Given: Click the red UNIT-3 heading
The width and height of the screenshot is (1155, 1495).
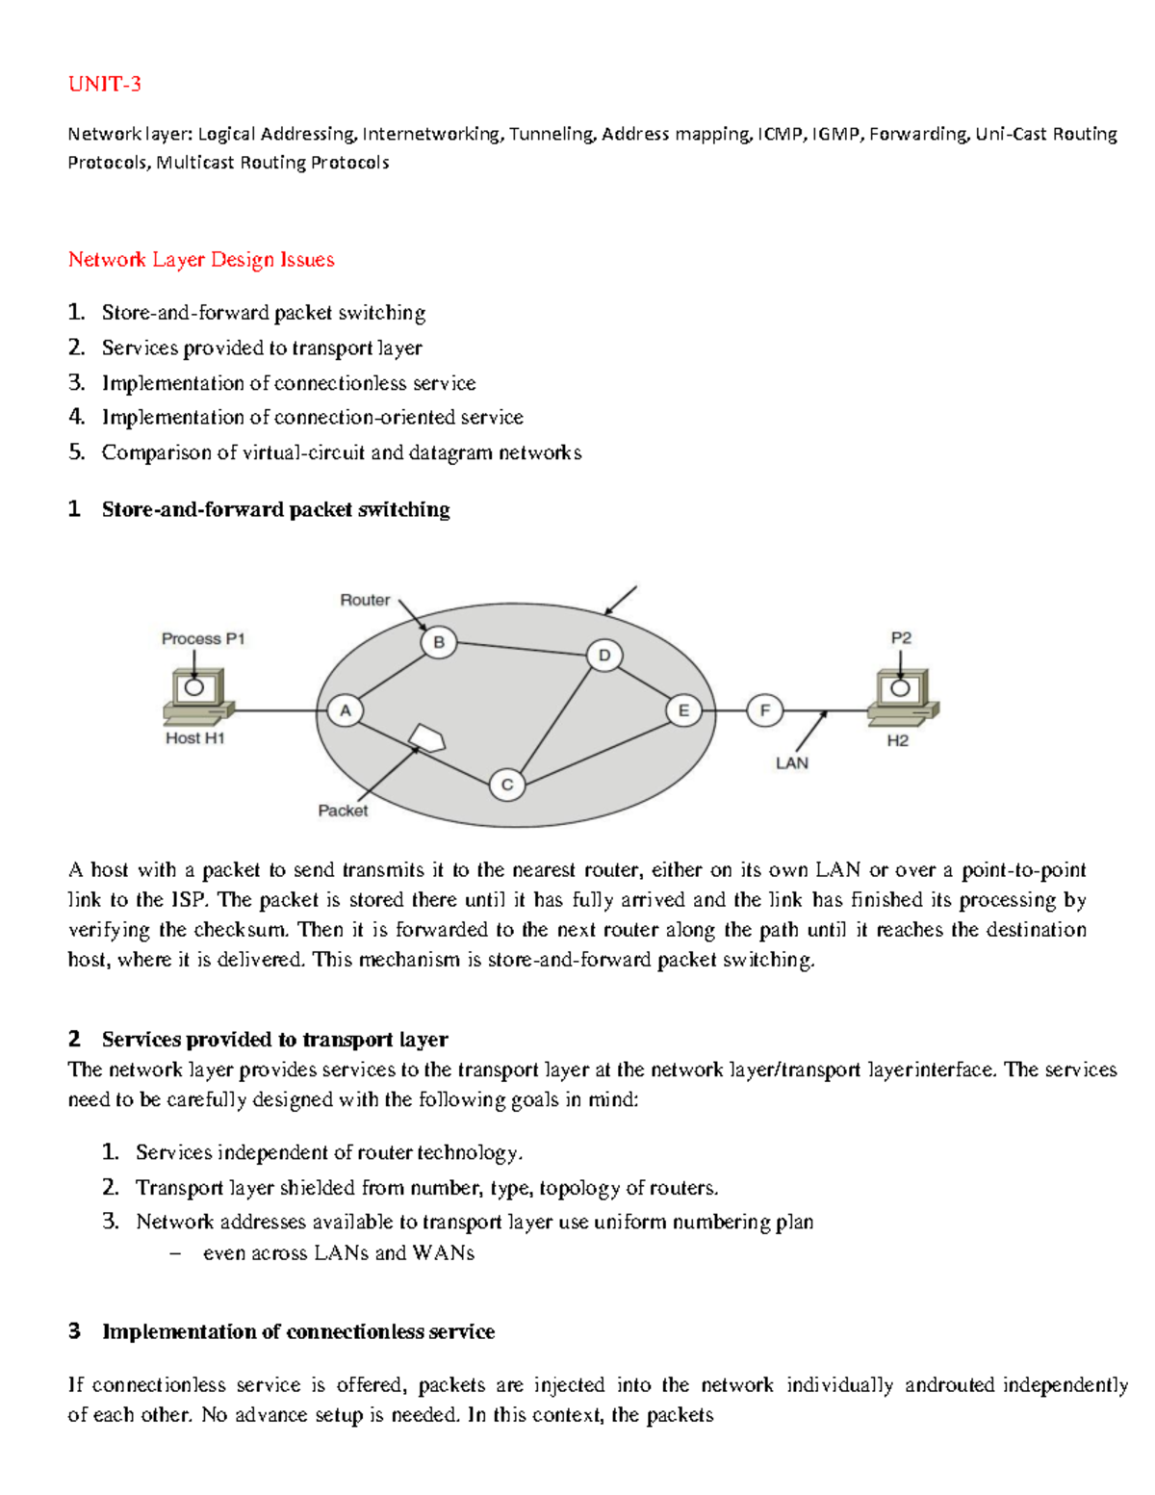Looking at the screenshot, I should point(104,85).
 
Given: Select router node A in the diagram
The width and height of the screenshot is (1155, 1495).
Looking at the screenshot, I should point(345,711).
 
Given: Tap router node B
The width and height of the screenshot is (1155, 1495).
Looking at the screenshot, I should point(439,642).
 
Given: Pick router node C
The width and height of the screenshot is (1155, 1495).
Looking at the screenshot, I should point(506,785).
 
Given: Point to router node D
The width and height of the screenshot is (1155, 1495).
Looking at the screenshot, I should point(604,656).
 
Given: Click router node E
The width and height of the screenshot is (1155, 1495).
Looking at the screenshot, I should point(683,711).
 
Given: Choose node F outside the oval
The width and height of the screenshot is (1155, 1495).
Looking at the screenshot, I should point(765,711).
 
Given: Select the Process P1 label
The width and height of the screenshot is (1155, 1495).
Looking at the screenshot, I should point(203,638).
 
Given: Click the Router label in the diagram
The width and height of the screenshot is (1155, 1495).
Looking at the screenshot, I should point(365,600).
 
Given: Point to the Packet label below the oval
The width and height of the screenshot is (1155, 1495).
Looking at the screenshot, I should point(343,811).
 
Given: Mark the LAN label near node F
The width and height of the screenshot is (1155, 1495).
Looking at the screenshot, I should point(792,762).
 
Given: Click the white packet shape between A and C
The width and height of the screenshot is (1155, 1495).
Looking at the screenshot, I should point(426,738).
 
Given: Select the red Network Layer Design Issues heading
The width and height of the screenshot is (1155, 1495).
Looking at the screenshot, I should point(201,260).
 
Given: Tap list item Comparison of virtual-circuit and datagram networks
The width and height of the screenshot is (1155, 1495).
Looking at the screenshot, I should point(341,452).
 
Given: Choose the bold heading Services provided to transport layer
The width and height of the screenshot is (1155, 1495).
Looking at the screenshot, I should point(274,1040).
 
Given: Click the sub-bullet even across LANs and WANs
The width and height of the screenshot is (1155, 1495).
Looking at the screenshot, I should point(338,1253).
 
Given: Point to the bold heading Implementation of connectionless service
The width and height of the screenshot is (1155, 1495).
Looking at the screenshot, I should point(298,1331).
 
